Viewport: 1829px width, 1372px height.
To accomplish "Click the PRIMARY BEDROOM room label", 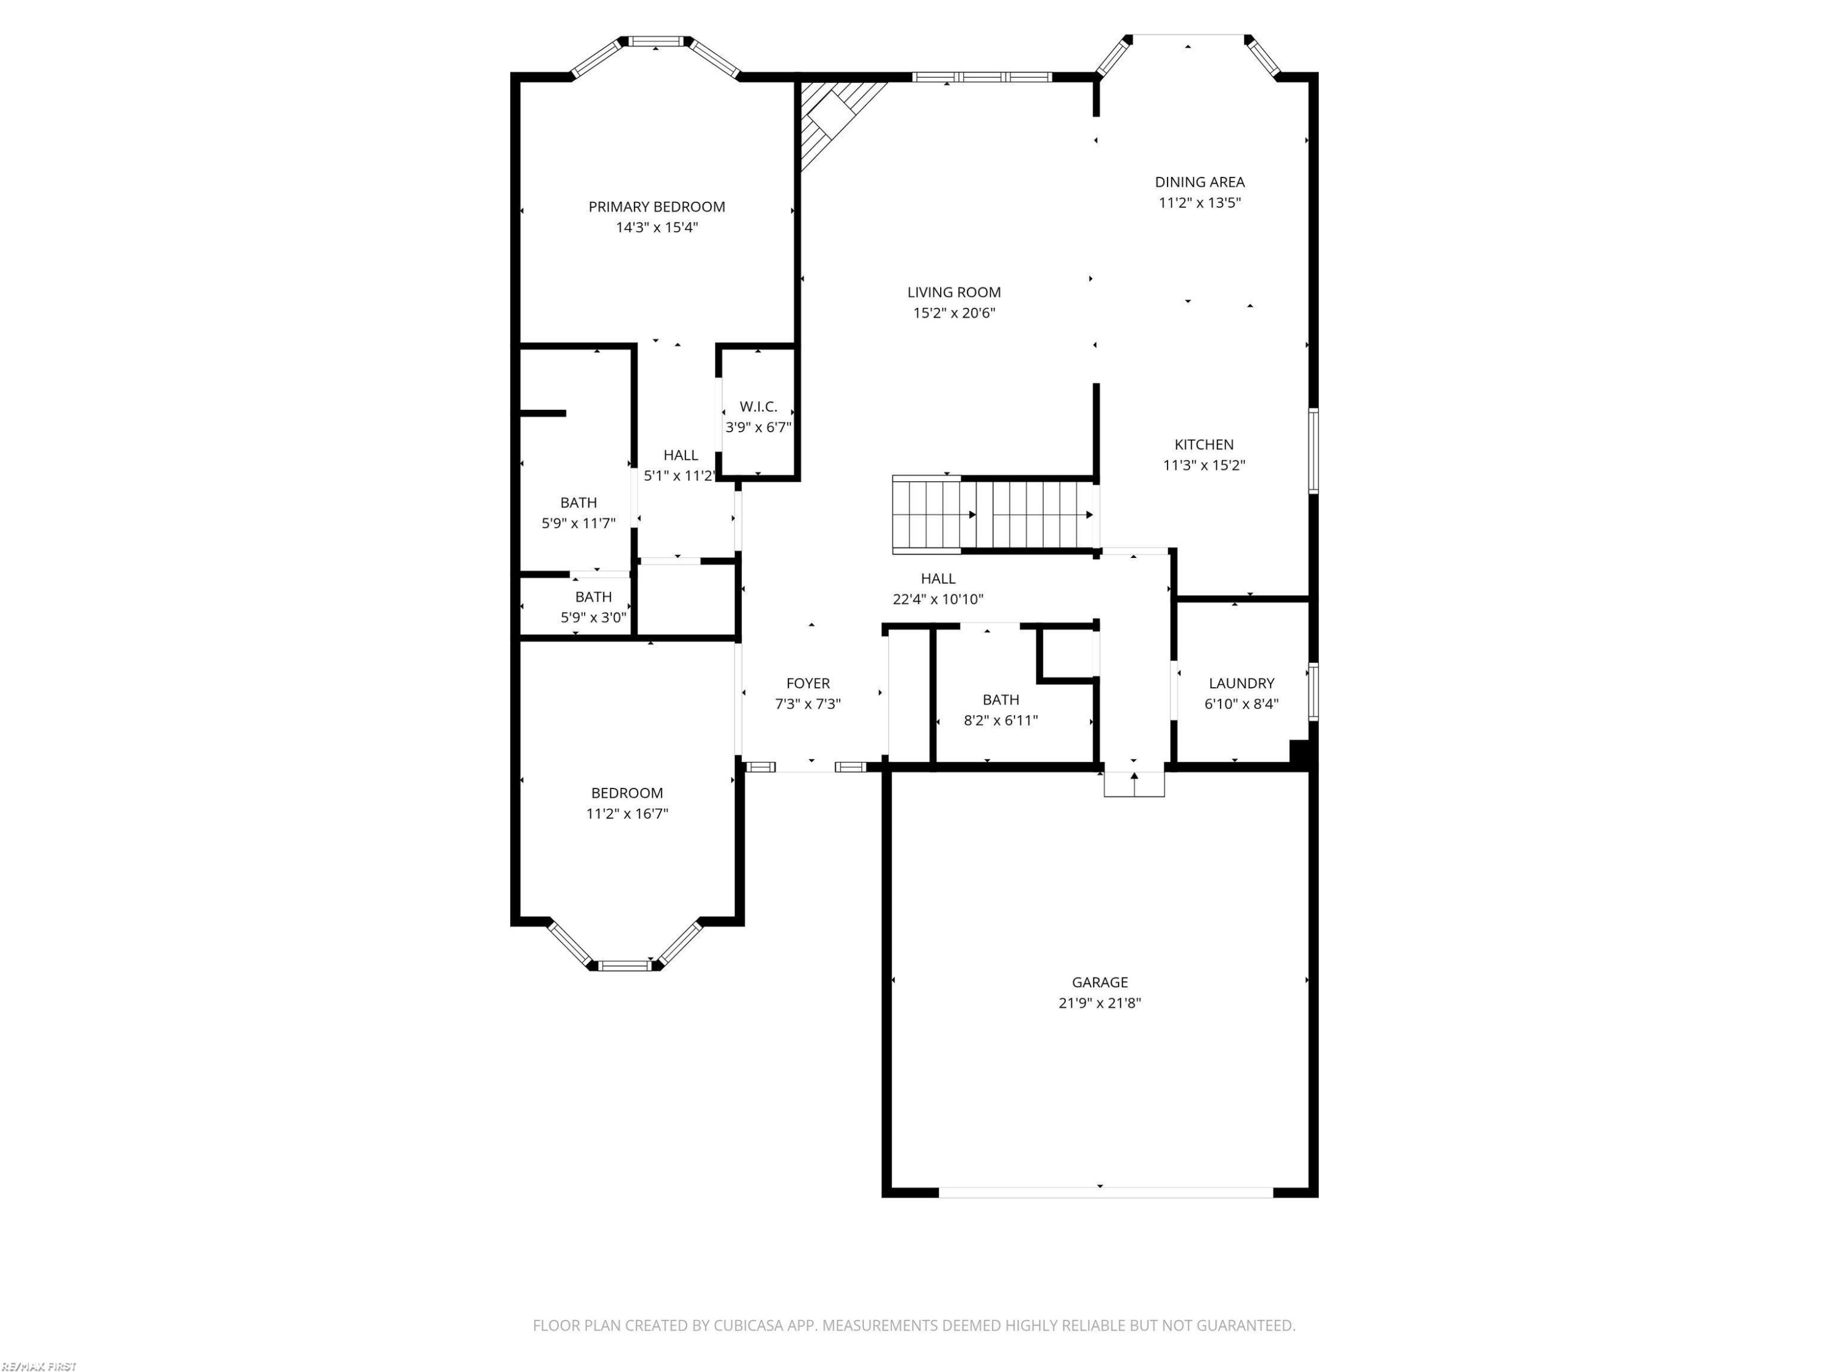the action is pos(657,207).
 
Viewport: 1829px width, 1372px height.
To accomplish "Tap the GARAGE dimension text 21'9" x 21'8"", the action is pos(1100,1003).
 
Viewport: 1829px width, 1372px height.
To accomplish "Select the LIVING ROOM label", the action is pos(954,292).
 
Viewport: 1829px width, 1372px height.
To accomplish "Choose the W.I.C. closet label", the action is pos(758,407).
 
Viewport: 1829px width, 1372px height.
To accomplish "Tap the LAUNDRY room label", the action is pos(1241,683).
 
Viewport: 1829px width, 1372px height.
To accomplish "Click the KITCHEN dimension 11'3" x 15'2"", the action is pos(1204,465).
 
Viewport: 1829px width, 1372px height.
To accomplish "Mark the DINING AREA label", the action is pos(1200,182).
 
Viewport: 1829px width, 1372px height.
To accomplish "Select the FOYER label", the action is pos(808,683).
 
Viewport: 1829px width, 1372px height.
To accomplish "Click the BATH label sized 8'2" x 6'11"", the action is pos(1000,699).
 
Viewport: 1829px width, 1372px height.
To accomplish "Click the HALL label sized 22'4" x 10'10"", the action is pos(938,579).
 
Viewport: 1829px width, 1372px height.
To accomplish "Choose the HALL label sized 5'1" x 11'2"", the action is pos(680,455).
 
